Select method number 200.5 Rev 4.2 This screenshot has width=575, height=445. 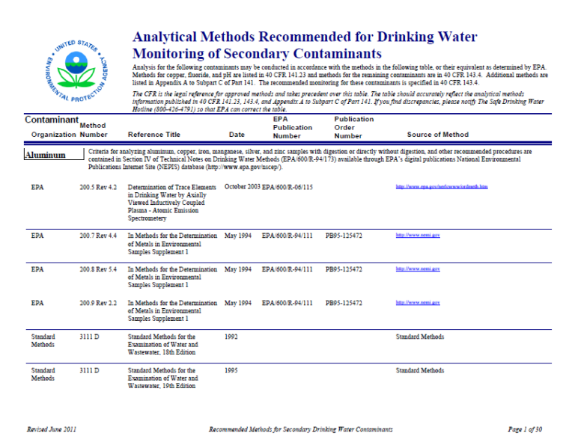[x=97, y=186]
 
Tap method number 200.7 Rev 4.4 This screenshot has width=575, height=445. [x=97, y=236]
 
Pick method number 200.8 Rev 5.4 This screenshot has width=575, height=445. [x=97, y=269]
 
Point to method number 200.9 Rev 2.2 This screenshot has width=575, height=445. [x=97, y=303]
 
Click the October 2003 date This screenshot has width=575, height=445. [x=242, y=186]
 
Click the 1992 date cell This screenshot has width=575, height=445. [x=231, y=337]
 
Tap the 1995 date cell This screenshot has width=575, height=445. [x=231, y=370]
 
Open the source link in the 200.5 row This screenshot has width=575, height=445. [x=441, y=186]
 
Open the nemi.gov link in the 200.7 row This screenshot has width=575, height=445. [x=417, y=236]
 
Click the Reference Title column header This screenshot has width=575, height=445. [x=154, y=135]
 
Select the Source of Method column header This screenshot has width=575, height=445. [x=438, y=135]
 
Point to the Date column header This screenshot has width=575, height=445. [x=237, y=135]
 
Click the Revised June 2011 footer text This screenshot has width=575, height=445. [x=51, y=429]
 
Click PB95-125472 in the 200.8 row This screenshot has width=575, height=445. [x=344, y=269]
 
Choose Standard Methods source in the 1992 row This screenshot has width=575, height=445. [x=419, y=337]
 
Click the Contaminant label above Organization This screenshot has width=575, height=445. [x=52, y=120]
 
